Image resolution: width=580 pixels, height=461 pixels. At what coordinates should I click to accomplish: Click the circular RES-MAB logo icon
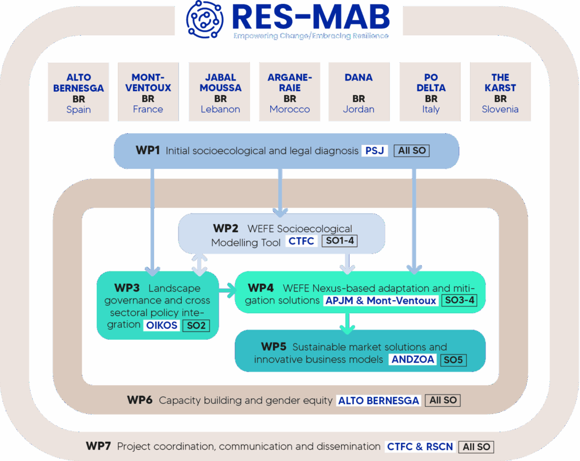click(x=204, y=19)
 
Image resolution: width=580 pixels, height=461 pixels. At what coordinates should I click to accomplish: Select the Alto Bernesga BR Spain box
click(x=78, y=92)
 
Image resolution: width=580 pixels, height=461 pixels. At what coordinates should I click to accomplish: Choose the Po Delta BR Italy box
click(x=430, y=92)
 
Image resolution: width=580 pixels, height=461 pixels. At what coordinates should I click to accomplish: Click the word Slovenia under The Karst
click(x=500, y=109)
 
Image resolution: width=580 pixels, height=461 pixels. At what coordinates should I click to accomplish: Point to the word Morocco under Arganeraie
click(x=289, y=109)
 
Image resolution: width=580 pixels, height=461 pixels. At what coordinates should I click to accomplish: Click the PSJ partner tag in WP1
click(x=375, y=151)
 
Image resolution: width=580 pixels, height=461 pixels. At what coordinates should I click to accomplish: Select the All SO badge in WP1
click(x=412, y=151)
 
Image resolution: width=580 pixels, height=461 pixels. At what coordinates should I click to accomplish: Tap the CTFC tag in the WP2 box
click(x=301, y=241)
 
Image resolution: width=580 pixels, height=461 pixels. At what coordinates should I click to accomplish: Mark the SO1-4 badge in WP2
click(x=340, y=241)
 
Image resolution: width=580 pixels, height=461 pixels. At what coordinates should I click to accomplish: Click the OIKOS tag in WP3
click(x=161, y=325)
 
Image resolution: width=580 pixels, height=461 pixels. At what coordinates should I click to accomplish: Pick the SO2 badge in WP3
click(x=196, y=325)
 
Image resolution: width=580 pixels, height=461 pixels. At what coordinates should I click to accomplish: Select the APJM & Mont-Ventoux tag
click(x=381, y=300)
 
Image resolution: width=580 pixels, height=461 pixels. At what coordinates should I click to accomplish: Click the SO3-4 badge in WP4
click(x=459, y=300)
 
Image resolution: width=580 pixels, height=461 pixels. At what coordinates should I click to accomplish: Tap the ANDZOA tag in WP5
click(x=413, y=359)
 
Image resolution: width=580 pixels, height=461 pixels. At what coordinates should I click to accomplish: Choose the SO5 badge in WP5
click(x=453, y=360)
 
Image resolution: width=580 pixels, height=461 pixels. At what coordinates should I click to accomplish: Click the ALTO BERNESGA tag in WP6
click(x=378, y=400)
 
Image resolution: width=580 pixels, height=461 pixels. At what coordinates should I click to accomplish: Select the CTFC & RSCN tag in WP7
click(x=420, y=447)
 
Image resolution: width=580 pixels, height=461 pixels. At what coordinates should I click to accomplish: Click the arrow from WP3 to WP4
click(x=228, y=291)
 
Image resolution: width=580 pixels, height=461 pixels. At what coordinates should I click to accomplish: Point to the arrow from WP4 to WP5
click(x=347, y=323)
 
